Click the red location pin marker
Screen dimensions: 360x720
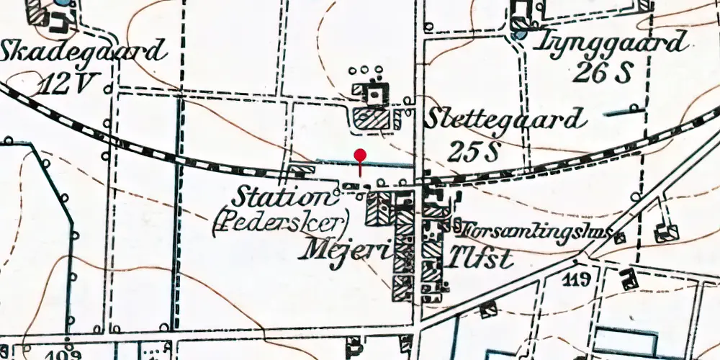[361, 156]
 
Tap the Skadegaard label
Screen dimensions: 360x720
[84, 52]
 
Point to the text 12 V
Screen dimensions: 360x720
[66, 85]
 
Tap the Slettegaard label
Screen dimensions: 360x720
[504, 119]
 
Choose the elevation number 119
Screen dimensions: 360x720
[578, 278]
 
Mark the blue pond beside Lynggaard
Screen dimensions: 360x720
[519, 33]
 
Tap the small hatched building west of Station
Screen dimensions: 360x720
[302, 171]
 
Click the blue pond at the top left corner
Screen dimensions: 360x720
[63, 2]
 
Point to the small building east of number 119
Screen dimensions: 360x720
[629, 276]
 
